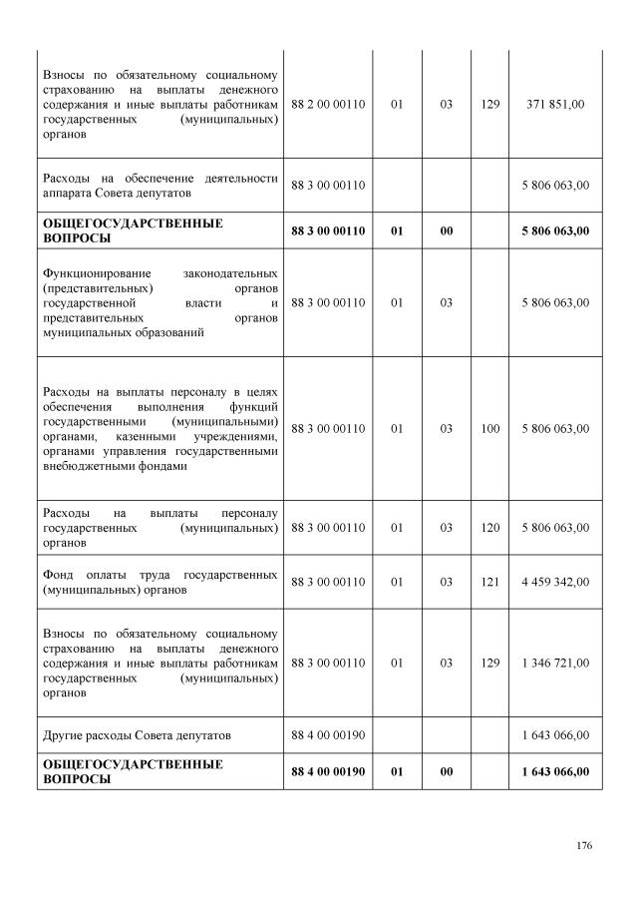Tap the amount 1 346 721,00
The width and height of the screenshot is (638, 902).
click(555, 663)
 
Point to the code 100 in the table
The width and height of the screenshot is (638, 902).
click(489, 428)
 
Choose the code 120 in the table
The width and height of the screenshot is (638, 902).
click(489, 528)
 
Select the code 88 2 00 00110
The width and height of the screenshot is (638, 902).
click(329, 104)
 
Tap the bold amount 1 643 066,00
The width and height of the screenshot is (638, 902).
click(555, 771)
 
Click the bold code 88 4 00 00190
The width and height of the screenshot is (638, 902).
click(329, 771)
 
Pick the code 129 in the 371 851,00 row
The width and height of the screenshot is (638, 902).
click(489, 104)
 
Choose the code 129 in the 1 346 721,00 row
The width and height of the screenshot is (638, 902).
click(489, 663)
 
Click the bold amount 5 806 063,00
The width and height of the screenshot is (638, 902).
click(555, 231)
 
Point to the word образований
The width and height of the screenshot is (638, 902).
click(171, 332)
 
